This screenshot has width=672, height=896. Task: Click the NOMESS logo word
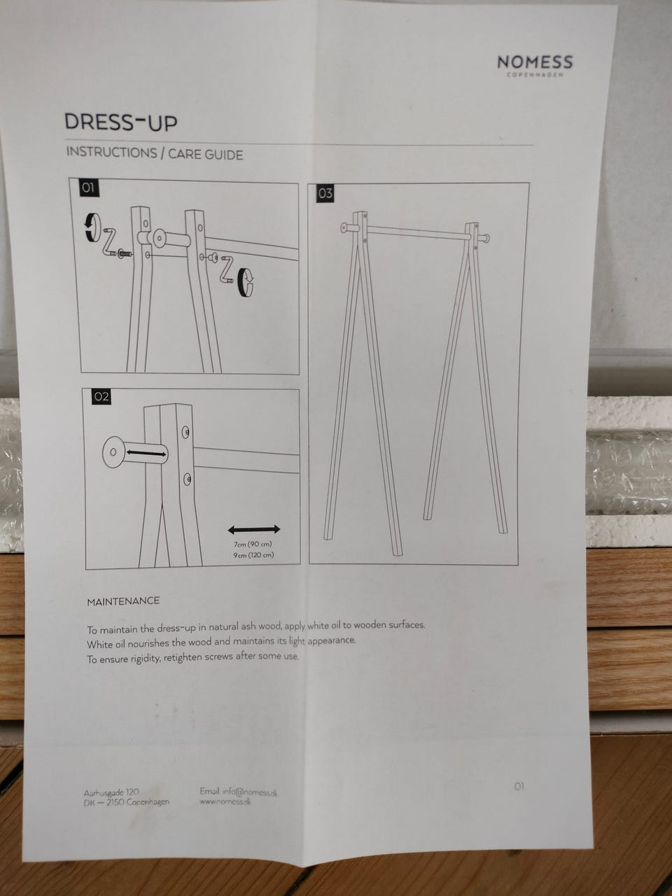pos(535,62)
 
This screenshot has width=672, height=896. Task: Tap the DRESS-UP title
pos(121,122)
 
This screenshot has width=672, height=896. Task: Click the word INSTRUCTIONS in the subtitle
pos(111,153)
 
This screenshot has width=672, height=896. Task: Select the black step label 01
pos(88,188)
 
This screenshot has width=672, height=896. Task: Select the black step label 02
pos(101,396)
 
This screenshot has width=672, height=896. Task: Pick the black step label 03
pos(325,193)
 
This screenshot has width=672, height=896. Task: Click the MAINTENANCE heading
pos(123,601)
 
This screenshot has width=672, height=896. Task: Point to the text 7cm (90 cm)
pos(253,544)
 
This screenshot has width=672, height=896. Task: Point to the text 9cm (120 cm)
pos(253,555)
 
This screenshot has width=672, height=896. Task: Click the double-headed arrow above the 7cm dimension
pos(254,530)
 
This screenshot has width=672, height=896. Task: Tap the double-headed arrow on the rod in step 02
pos(146,453)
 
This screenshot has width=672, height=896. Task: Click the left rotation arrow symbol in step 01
pos(92,227)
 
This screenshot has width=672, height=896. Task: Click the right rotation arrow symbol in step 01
pos(245,281)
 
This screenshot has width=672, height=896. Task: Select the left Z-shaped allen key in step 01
pos(111,242)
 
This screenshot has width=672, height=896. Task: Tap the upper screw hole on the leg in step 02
pos(185,432)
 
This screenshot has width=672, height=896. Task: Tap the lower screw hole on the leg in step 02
pos(187,479)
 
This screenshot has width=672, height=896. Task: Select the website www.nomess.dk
pos(225,801)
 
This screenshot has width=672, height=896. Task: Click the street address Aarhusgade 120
pos(111,792)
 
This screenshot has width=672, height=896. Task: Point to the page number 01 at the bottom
pos(519,786)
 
